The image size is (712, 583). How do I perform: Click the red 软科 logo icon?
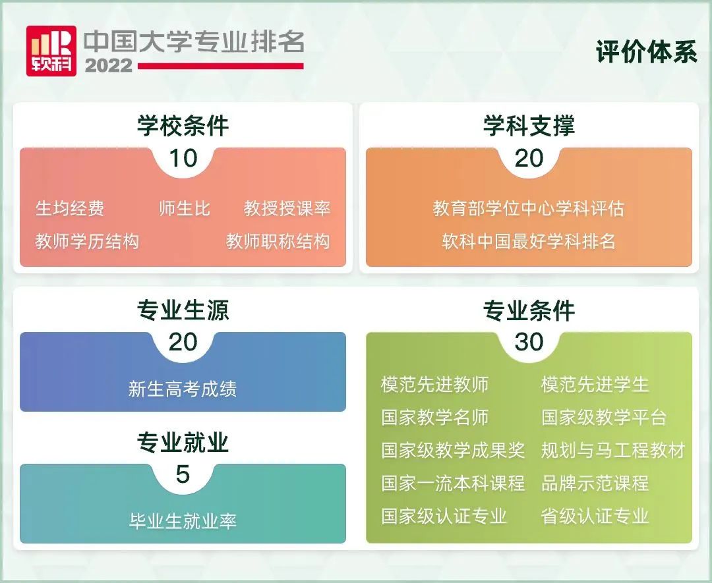[x=51, y=51]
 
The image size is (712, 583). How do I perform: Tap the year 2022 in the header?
[x=109, y=66]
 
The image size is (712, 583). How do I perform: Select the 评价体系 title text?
[x=646, y=52]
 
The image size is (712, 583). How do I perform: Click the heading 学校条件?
[x=183, y=126]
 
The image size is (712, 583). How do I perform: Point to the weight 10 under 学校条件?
[x=183, y=158]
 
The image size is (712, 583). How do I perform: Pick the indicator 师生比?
[x=185, y=209]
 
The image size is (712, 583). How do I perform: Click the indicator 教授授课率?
[x=287, y=209]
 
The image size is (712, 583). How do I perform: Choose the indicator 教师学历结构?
[x=87, y=241]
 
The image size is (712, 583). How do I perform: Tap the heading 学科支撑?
[x=529, y=126]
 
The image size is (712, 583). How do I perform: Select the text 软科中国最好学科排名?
[x=529, y=241]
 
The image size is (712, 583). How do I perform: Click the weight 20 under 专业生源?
[x=183, y=342]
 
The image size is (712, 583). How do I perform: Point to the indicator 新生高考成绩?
[x=183, y=389]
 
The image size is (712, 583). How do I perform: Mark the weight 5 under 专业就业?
[x=183, y=474]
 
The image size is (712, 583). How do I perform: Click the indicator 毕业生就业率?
[x=183, y=521]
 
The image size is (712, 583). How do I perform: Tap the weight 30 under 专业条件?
[x=529, y=342]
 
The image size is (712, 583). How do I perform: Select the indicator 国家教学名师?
[x=435, y=418]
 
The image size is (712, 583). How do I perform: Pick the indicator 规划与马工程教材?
[x=613, y=451]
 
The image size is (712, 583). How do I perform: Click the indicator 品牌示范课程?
[x=595, y=484]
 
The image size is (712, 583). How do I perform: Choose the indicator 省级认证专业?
[x=595, y=516]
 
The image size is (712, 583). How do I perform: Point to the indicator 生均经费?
[x=70, y=209]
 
